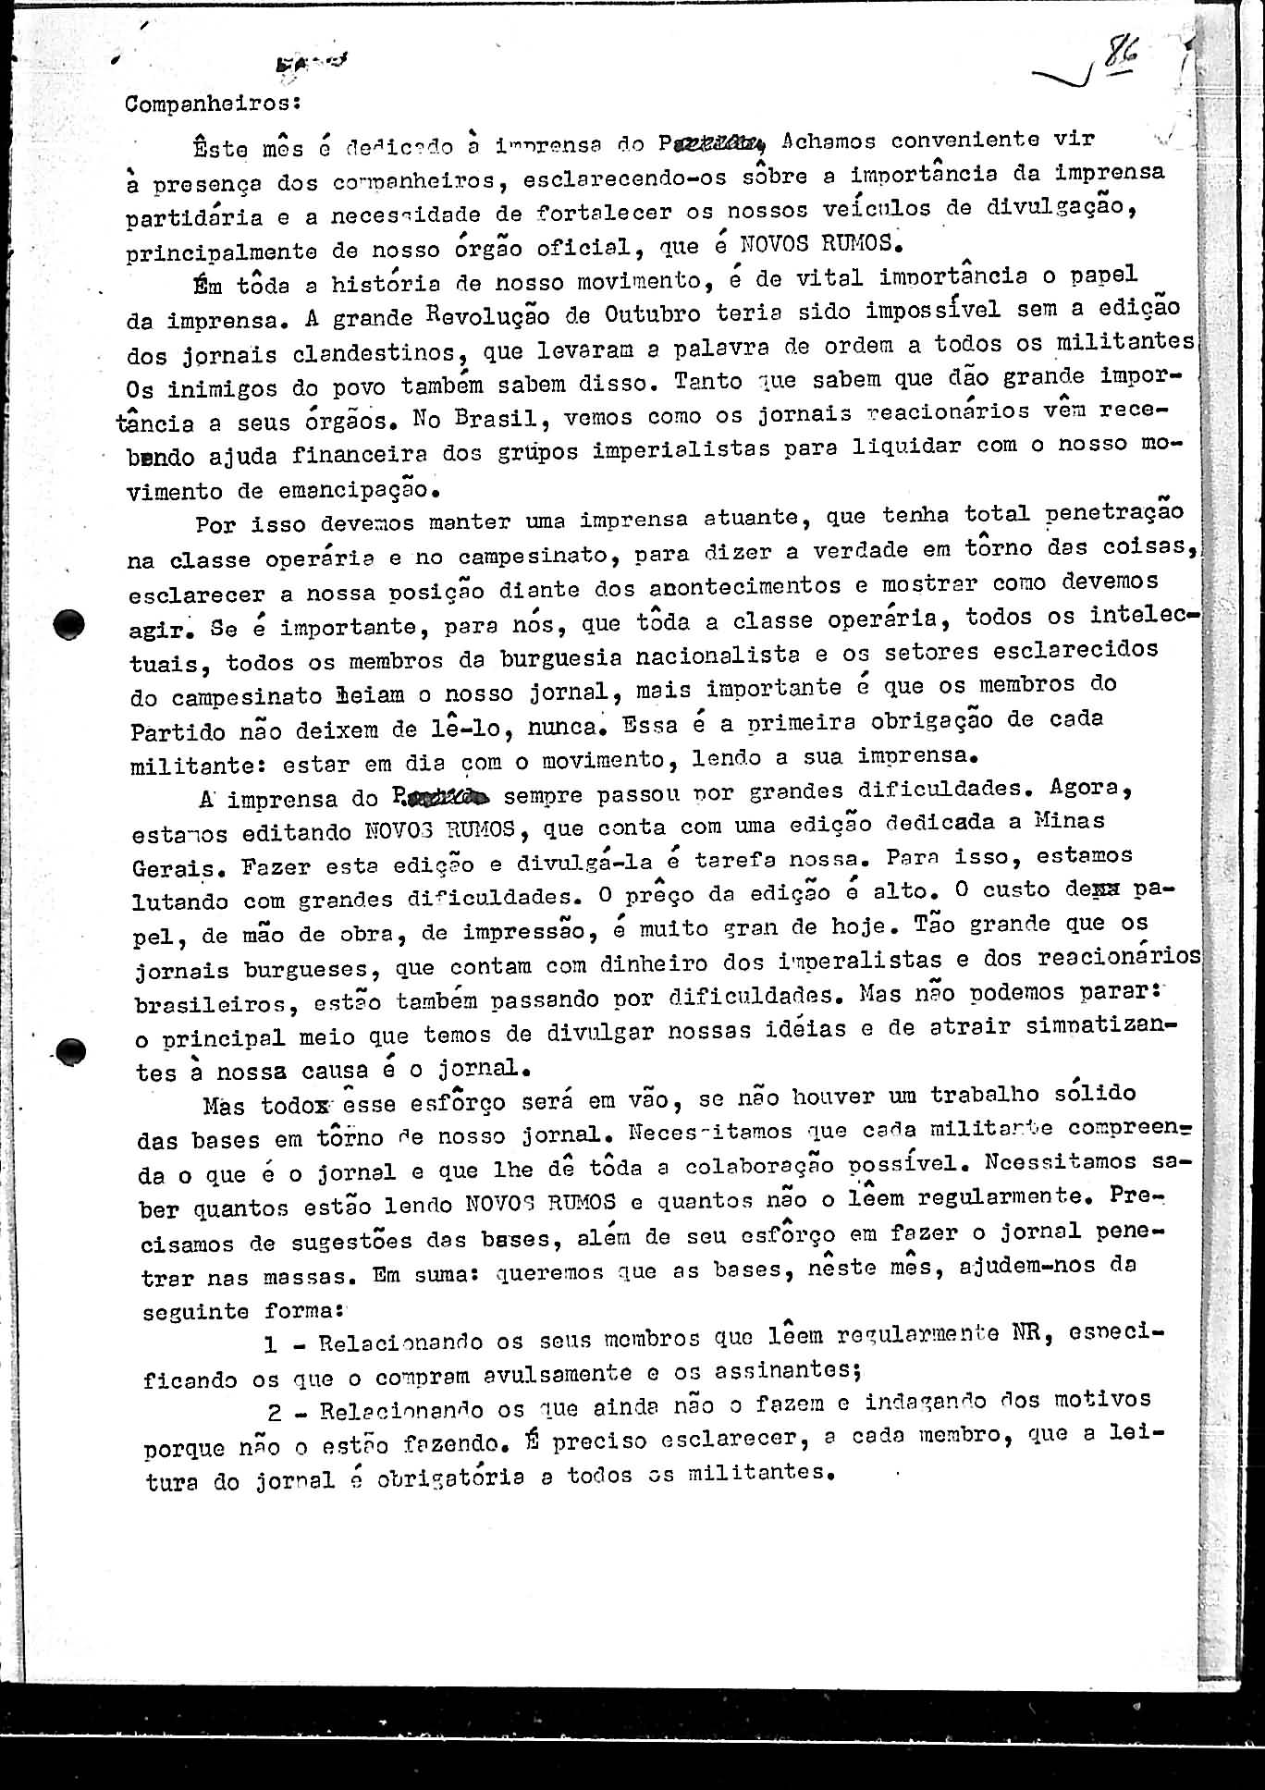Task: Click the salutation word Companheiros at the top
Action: [x=206, y=104]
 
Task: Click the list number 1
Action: [x=271, y=1343]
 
